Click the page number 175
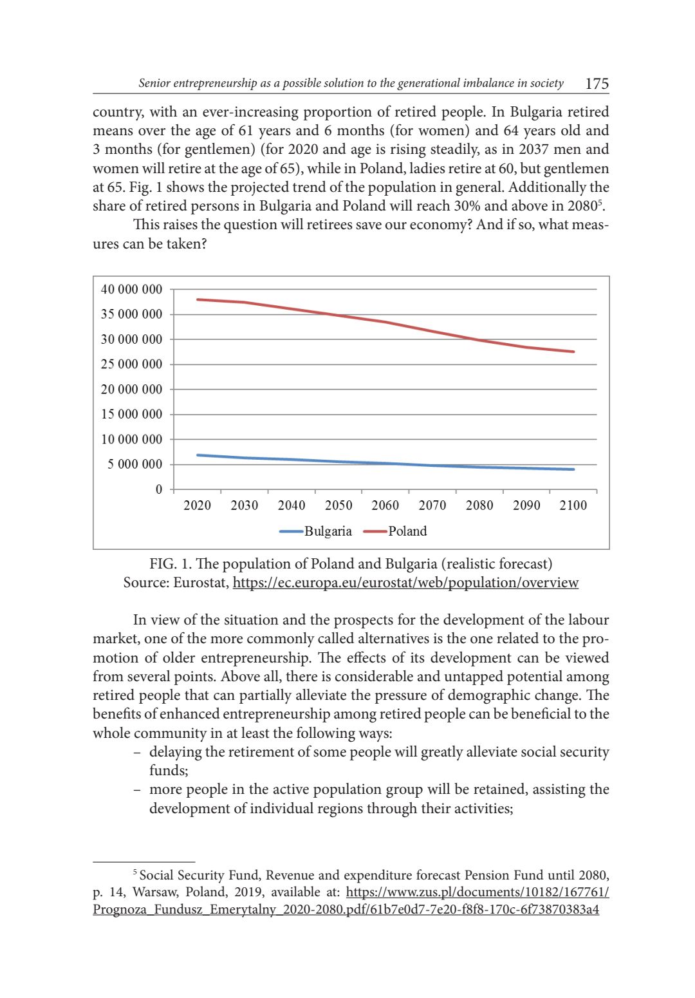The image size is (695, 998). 597,84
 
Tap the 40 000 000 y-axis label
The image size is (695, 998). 131,290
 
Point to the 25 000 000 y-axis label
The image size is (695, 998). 131,364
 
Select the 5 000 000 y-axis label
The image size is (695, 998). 134,464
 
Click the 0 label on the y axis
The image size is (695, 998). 159,489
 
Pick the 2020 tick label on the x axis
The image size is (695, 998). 197,505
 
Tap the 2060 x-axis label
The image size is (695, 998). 385,505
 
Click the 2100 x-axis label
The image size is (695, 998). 573,505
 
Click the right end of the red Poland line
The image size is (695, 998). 573,352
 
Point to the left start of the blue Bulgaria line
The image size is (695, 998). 198,455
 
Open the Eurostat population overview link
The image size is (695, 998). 405,583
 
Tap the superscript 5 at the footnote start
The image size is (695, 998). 135,872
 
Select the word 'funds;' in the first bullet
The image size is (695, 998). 169,771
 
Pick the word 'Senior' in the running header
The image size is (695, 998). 154,83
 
